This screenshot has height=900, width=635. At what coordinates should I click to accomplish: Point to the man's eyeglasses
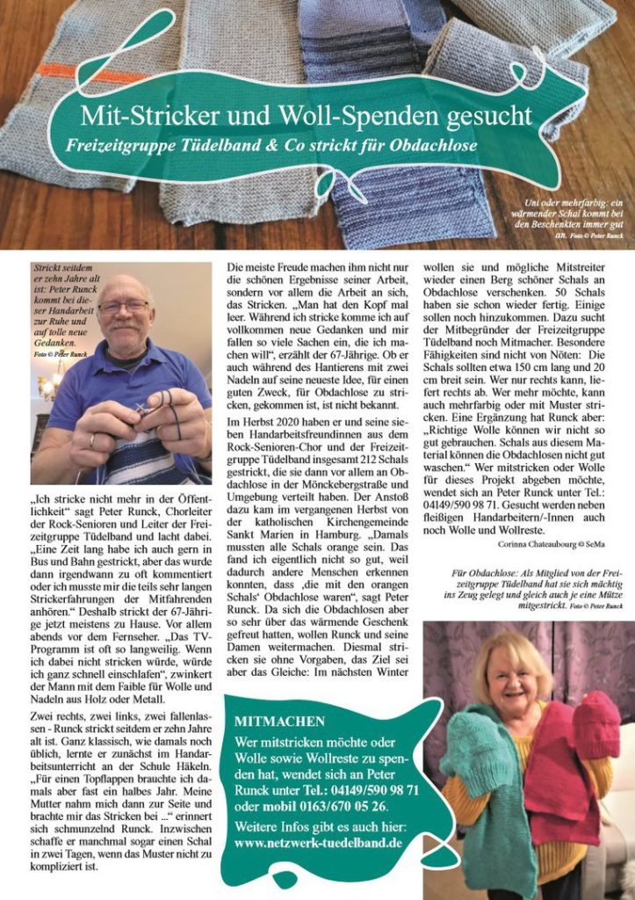click(124, 306)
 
